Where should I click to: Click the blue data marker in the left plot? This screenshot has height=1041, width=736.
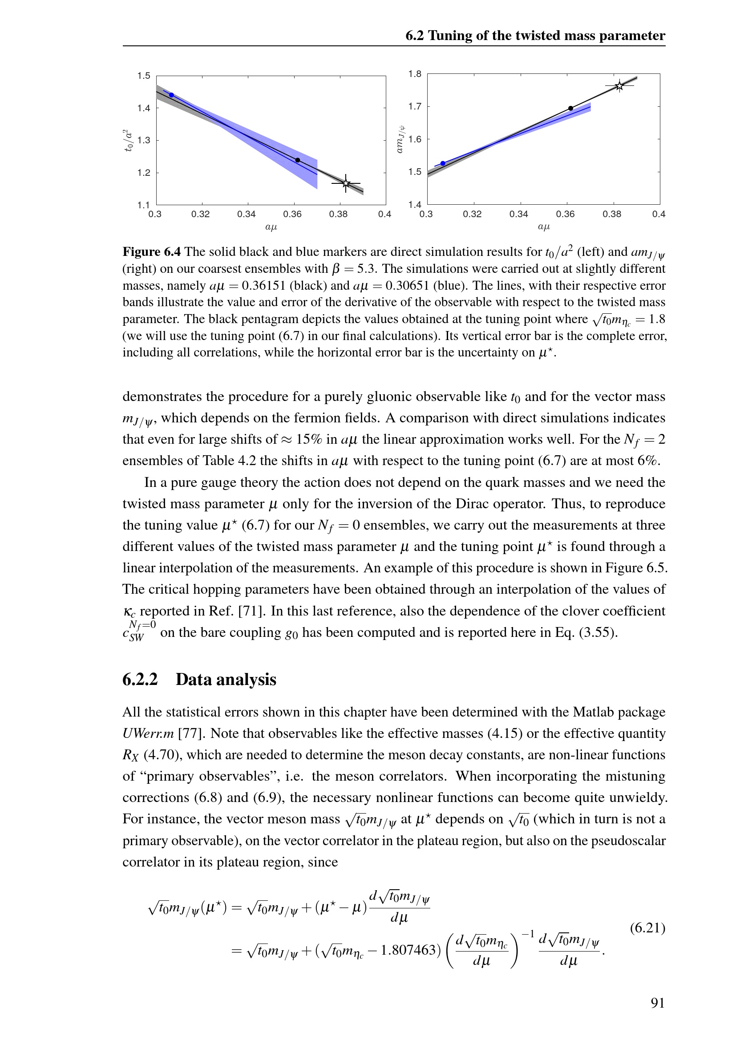point(171,95)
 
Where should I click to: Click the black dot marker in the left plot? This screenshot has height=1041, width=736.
point(298,160)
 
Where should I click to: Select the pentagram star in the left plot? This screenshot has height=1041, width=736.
point(346,184)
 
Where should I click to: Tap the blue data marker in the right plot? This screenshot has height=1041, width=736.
point(443,163)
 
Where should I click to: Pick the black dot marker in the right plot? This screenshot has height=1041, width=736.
point(570,108)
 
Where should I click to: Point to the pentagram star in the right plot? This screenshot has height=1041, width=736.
point(619,86)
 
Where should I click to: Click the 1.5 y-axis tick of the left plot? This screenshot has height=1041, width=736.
point(144,76)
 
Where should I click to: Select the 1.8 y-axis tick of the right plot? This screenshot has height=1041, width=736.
point(415,74)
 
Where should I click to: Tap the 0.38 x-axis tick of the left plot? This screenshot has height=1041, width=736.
point(338,214)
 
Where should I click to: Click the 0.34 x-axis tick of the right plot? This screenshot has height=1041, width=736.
point(518,214)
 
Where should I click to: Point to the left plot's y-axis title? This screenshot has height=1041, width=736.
point(129,140)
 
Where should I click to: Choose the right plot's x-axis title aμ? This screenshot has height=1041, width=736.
point(543,227)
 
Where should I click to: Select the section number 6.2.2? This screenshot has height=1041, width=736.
point(140,680)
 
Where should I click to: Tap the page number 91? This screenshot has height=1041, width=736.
point(658,1002)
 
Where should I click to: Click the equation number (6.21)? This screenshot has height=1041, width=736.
point(647,928)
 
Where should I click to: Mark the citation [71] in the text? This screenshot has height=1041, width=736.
point(251,611)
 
